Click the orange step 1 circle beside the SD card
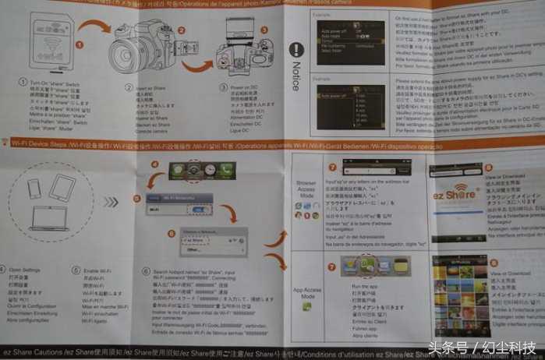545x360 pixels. tap(78, 44)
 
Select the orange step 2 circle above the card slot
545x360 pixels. tap(181, 31)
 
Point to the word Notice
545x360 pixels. tap(296, 78)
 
